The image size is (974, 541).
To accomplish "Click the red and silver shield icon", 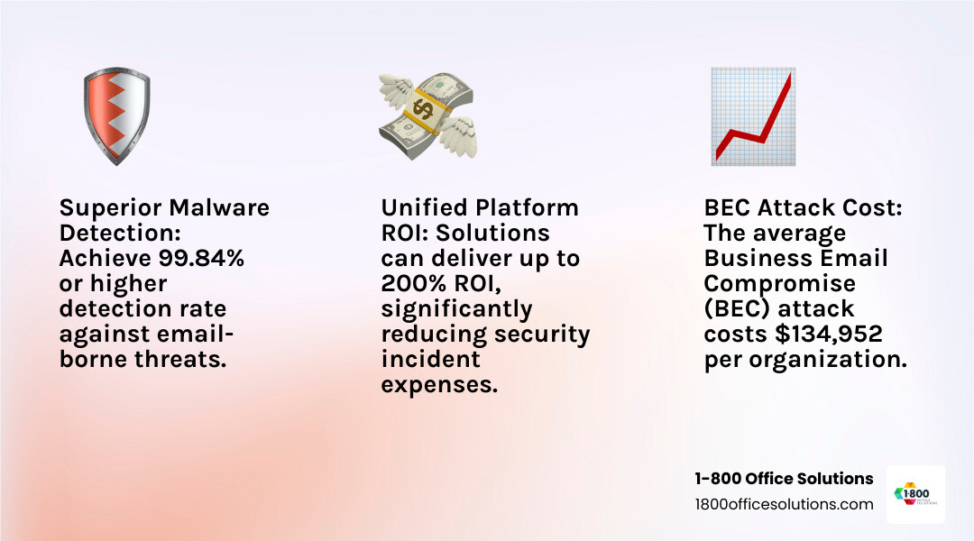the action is pyautogui.click(x=116, y=116).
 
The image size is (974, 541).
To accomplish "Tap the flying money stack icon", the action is pyautogui.click(x=428, y=116).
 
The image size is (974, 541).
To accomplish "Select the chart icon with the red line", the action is pyautogui.click(x=753, y=116).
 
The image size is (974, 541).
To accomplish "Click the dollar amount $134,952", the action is pyautogui.click(x=829, y=334).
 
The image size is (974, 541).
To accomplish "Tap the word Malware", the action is pyautogui.click(x=219, y=207).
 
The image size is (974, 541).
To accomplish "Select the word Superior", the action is pyautogui.click(x=111, y=207).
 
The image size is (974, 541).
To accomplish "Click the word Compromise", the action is pyautogui.click(x=779, y=283).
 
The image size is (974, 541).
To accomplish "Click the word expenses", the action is pyautogui.click(x=439, y=384).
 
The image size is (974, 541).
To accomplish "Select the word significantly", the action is pyautogui.click(x=456, y=308).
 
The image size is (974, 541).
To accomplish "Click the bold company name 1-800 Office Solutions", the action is pyautogui.click(x=784, y=478).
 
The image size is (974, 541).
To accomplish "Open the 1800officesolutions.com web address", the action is pyautogui.click(x=784, y=504).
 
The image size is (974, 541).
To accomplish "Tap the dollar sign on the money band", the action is pyautogui.click(x=424, y=109).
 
